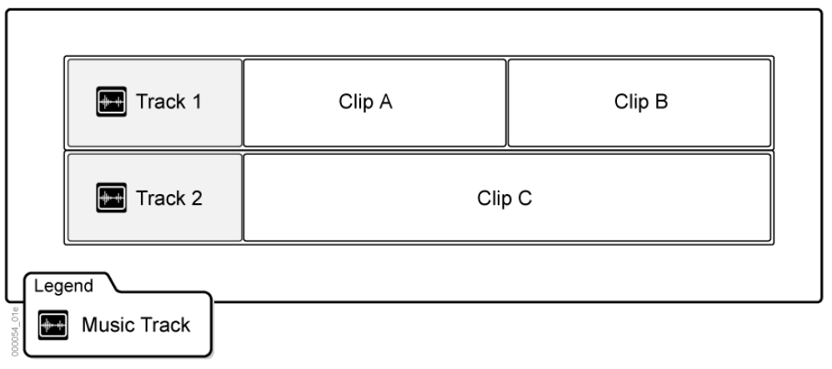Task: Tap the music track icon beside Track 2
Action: coord(111,198)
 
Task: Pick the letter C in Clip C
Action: coord(525,198)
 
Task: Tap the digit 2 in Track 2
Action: coord(197,198)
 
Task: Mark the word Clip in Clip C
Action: coord(494,198)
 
